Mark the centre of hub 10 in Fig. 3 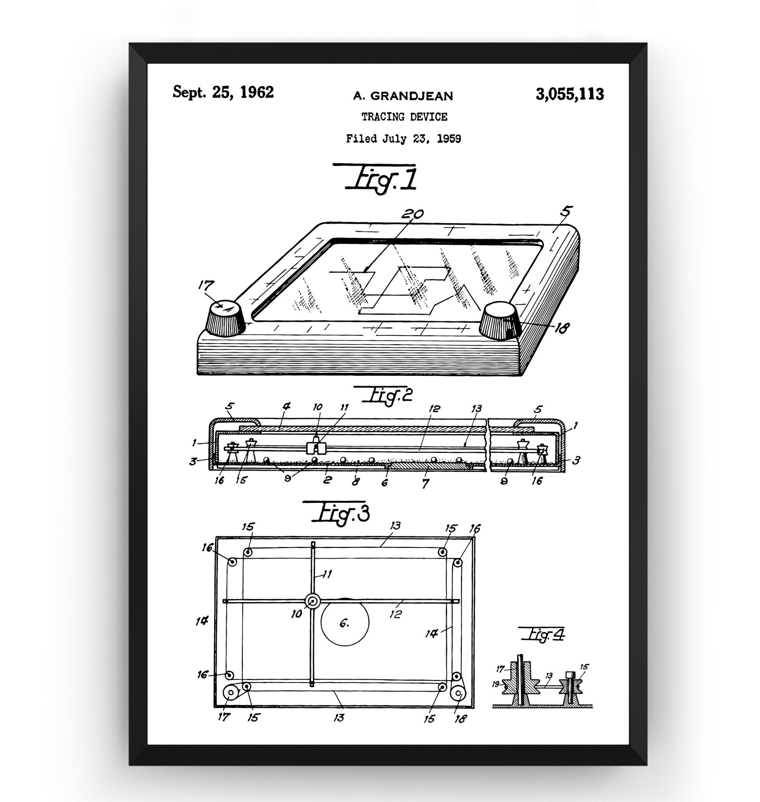tap(312, 601)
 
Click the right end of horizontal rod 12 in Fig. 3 tap(459, 601)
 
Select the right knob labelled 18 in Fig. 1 tap(500, 319)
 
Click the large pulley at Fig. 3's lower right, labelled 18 tap(459, 694)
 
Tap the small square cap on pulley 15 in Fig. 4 tap(570, 674)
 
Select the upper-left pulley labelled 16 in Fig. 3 tap(233, 562)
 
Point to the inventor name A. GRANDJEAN tap(403, 96)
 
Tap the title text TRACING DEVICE tap(404, 117)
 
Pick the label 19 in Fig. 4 tap(495, 684)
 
